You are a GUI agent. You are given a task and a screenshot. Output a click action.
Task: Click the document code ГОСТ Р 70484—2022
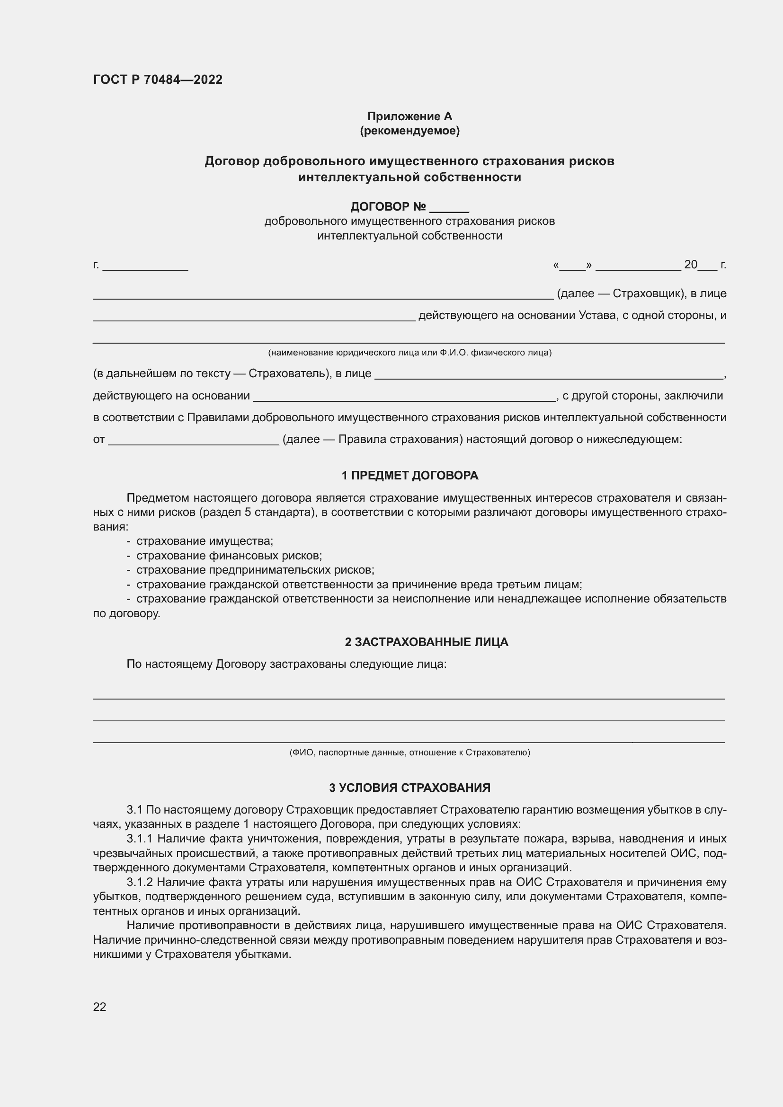coord(158,80)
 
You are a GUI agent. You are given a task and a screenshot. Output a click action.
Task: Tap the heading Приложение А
coord(409,116)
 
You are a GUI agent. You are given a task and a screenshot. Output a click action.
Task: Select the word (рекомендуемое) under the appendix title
coord(409,131)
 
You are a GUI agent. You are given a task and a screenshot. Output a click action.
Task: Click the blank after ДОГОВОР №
coord(449,208)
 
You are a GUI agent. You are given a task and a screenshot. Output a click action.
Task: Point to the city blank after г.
coord(145,266)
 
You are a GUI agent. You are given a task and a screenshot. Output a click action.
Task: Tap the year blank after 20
coord(707,266)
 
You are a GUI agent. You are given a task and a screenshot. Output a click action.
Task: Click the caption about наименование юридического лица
coord(409,353)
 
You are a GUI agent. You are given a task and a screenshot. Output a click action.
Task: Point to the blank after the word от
coord(193,440)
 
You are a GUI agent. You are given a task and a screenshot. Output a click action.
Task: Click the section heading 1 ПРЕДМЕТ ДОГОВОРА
coord(409,475)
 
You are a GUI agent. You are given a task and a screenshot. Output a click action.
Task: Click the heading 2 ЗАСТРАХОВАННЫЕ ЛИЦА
coord(426,642)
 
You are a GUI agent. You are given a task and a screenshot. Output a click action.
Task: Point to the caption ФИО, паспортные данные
coord(409,753)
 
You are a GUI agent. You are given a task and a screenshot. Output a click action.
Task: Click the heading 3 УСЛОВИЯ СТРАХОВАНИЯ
coord(409,788)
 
